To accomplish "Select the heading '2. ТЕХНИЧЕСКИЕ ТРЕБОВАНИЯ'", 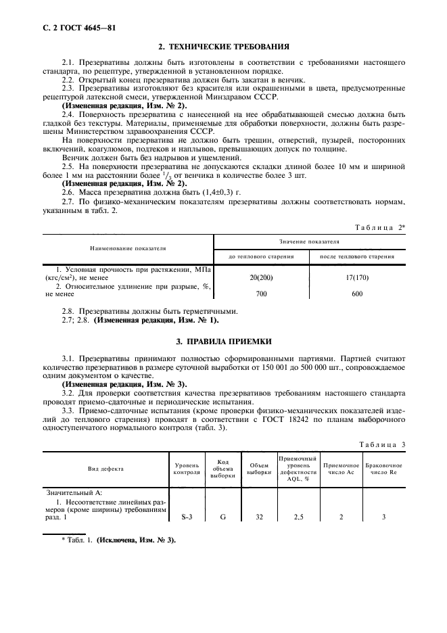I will point(224,47).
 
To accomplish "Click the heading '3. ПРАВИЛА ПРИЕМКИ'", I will point(224,342).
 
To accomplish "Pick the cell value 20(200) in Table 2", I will point(261,277).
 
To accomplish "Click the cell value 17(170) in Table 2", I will point(357,277).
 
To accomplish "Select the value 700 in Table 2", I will point(261,294).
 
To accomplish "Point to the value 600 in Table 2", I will point(357,294).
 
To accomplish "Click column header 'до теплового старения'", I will point(261,256).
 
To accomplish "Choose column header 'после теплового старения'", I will point(357,256).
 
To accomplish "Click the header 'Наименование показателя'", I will point(128,248).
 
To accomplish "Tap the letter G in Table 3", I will point(222,517).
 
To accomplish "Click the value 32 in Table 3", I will point(258,517).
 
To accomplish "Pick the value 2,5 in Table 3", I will point(298,517).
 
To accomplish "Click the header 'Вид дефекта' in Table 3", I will point(105,468).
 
